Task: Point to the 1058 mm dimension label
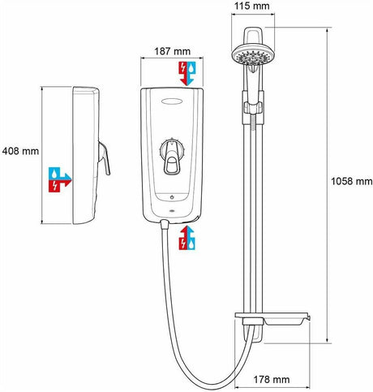click(x=351, y=181)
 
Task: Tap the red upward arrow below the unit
click(x=182, y=241)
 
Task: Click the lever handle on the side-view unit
click(x=105, y=157)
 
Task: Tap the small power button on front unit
click(x=173, y=197)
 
